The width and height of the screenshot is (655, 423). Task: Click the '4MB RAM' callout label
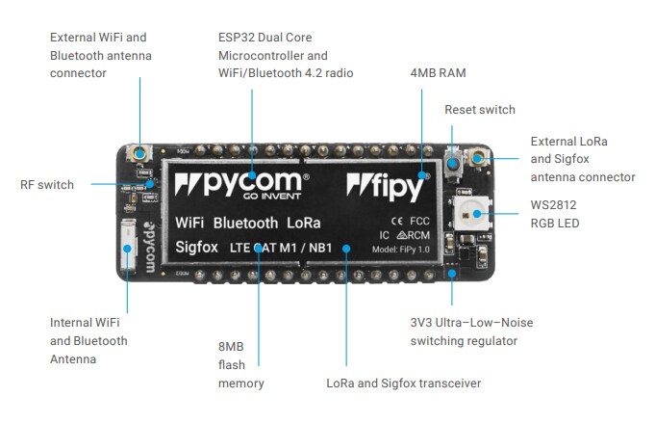pyautogui.click(x=439, y=72)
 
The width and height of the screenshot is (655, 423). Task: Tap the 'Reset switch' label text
pyautogui.click(x=479, y=110)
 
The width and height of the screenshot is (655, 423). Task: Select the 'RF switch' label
pyautogui.click(x=47, y=184)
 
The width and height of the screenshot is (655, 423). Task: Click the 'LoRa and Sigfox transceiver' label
pyautogui.click(x=403, y=383)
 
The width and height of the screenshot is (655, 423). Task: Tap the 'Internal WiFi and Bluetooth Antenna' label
pyautogui.click(x=88, y=340)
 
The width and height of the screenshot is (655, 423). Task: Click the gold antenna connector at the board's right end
pyautogui.click(x=476, y=157)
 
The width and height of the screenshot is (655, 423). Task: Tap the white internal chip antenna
pyautogui.click(x=130, y=250)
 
